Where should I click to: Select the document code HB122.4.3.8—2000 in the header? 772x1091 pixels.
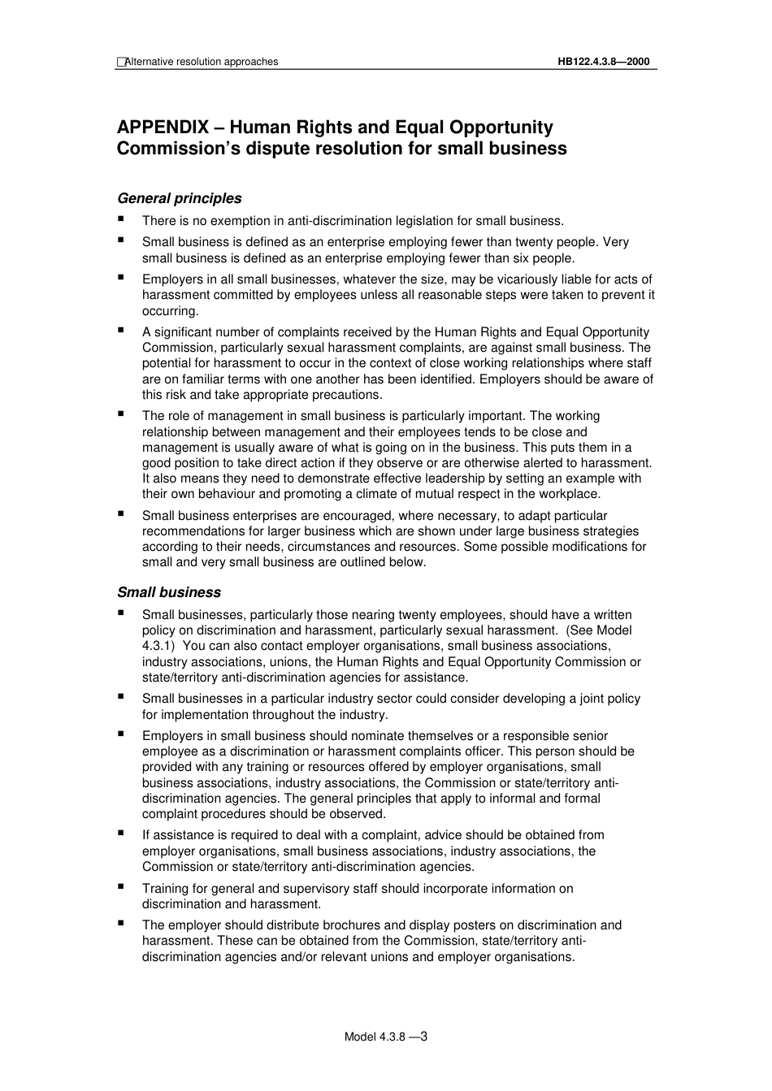tap(603, 62)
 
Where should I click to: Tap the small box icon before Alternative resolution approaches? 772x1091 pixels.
tap(121, 62)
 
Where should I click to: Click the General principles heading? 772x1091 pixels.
tap(179, 198)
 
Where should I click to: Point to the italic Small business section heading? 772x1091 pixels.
tap(168, 592)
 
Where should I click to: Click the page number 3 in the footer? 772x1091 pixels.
tap(424, 1036)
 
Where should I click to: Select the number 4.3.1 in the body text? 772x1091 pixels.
tap(158, 647)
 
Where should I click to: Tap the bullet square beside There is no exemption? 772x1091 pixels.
tap(121, 219)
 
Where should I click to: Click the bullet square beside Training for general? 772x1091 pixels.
tap(121, 886)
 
